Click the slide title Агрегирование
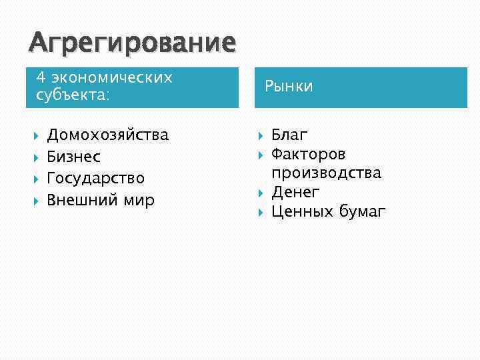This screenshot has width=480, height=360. click(132, 43)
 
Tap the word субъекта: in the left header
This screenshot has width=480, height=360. click(73, 95)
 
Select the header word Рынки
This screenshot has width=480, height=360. click(288, 87)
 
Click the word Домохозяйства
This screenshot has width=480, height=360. click(107, 135)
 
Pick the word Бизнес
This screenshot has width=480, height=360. click(73, 157)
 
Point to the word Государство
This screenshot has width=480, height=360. click(95, 178)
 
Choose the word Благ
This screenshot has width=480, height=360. click(289, 135)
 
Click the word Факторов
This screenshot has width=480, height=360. click(309, 155)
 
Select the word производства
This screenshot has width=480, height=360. click(326, 173)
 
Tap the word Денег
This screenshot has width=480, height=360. click(295, 193)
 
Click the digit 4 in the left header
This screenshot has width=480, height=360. click(40, 77)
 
